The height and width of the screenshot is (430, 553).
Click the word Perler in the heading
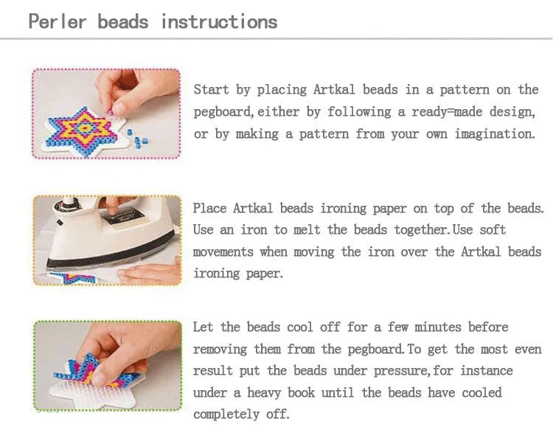pyautogui.click(x=58, y=21)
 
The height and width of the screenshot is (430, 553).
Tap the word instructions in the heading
pyautogui.click(x=219, y=21)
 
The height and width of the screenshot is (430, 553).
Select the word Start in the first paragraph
pyautogui.click(x=212, y=90)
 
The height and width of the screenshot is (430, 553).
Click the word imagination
pyautogui.click(x=494, y=134)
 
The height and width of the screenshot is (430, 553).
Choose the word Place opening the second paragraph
pyautogui.click(x=210, y=209)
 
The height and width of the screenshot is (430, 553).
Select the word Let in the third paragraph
pyautogui.click(x=204, y=327)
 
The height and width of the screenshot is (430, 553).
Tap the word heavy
pyautogui.click(x=276, y=393)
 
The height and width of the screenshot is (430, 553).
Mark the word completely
pyautogui.click(x=226, y=415)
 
